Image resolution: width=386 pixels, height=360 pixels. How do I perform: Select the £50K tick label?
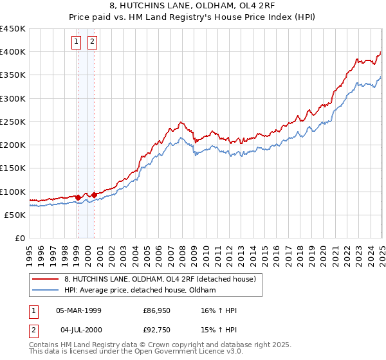(15, 215)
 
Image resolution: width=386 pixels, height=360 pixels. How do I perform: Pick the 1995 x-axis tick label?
(29, 251)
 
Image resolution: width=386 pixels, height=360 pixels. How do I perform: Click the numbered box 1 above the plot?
(77, 42)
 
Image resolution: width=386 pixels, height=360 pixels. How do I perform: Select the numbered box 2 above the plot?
(93, 42)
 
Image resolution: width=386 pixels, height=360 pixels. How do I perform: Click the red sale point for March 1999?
(78, 197)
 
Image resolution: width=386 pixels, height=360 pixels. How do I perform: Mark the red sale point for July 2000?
(94, 195)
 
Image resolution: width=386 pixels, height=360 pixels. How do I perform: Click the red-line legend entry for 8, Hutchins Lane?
(160, 279)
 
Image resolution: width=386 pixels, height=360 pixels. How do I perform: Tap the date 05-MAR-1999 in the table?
(78, 311)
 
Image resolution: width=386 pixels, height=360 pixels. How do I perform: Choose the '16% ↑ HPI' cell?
(219, 311)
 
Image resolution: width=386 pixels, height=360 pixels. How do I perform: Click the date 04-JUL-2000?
(78, 329)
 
